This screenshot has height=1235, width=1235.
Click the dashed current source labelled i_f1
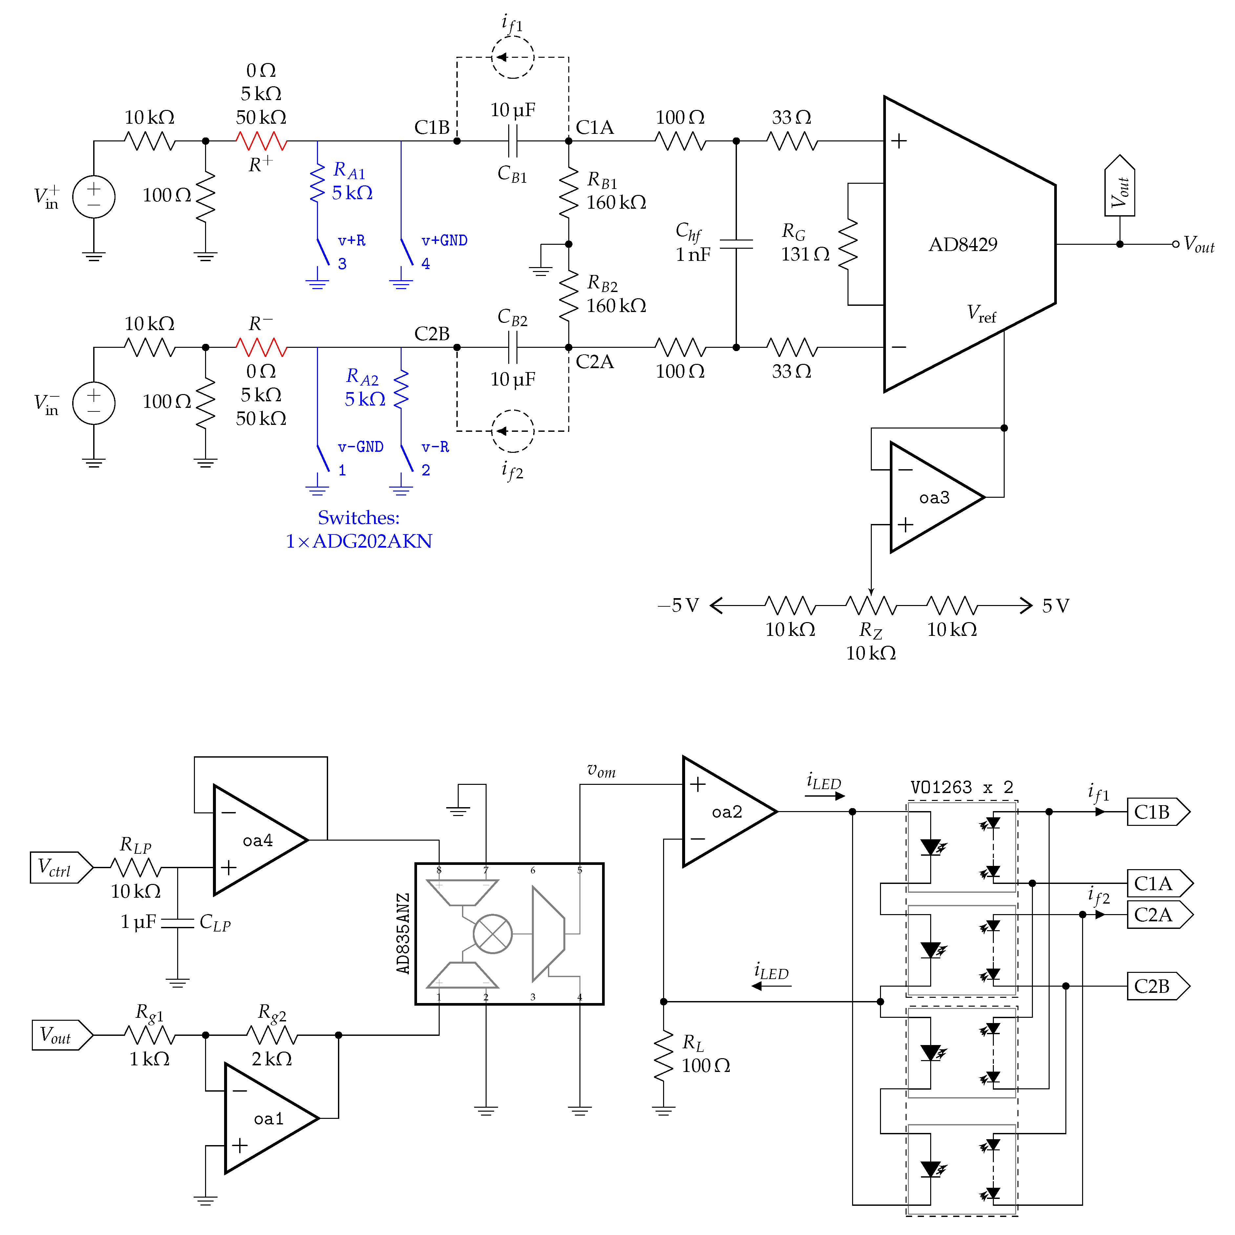512,57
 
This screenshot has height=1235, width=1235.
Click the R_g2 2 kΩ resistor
272,1035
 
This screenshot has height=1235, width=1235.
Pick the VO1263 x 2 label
961,787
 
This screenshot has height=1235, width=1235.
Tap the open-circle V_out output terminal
1175,244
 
